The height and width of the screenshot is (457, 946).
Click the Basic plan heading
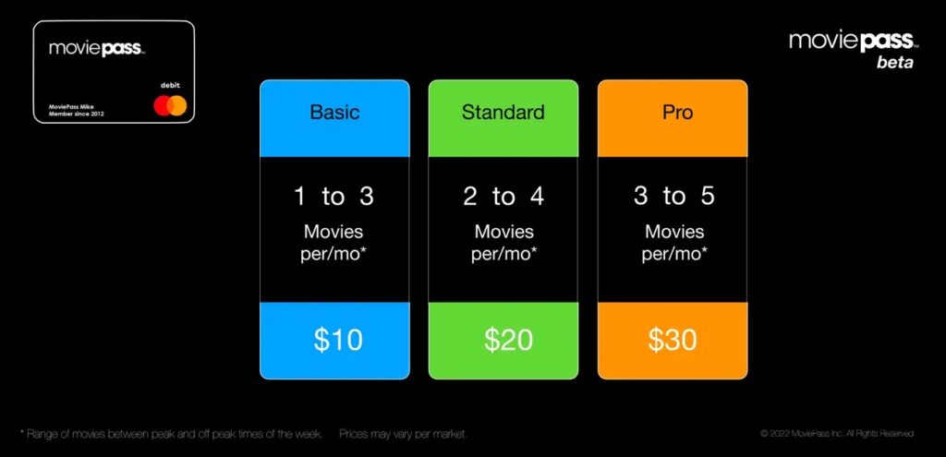tap(334, 113)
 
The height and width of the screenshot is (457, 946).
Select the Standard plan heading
tap(503, 113)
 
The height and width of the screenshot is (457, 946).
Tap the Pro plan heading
tap(673, 113)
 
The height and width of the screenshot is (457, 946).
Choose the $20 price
tap(508, 339)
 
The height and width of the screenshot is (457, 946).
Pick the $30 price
tap(673, 339)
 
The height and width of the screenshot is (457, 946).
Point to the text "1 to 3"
tap(334, 196)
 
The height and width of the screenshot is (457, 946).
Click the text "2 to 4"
tap(503, 196)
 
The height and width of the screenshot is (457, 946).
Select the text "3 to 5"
tap(673, 196)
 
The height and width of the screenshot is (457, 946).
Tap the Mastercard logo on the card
tap(170, 107)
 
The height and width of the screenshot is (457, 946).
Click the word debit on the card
tap(171, 85)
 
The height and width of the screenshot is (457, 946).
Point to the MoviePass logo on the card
tap(96, 48)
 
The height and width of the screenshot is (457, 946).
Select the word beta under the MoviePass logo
tap(894, 63)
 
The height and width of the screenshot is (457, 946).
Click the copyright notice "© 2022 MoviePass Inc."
tap(837, 433)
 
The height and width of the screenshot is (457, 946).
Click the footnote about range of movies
tap(171, 433)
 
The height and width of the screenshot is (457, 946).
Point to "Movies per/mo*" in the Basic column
tap(334, 243)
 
